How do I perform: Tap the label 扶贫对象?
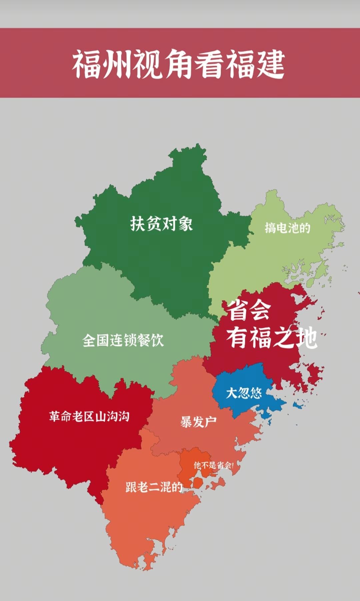tap(161, 223)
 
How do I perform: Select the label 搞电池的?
tap(287, 228)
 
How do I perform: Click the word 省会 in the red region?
tap(249, 310)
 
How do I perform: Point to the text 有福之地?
tap(272, 337)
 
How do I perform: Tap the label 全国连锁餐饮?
tap(123, 340)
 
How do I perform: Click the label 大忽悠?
tap(244, 393)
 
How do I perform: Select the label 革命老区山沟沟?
tap(89, 416)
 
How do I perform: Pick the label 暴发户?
tap(198, 422)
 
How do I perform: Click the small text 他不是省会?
tap(213, 465)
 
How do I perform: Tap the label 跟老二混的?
tap(154, 487)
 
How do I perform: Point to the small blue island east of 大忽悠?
tap(298, 405)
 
